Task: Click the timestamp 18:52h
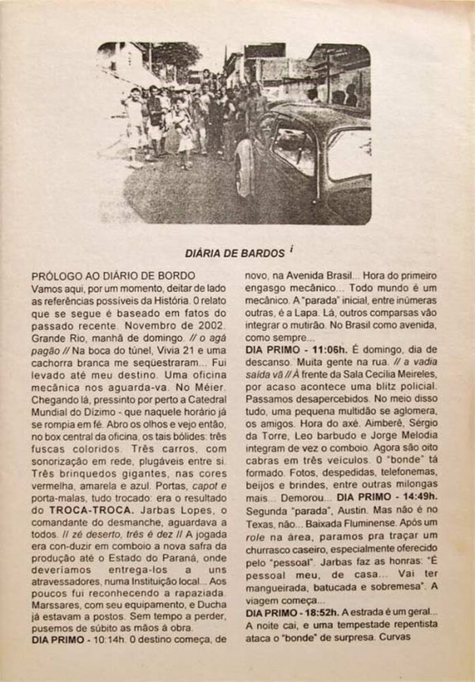(x=331, y=613)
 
